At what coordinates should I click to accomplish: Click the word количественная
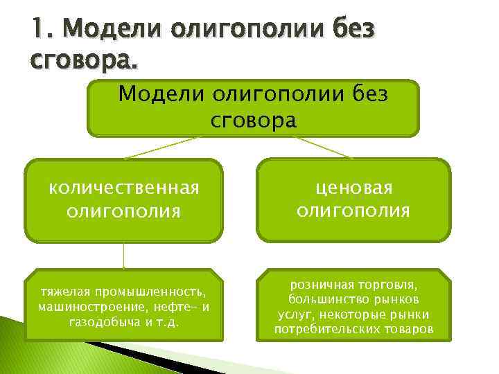pos(123,188)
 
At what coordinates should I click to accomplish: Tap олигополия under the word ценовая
pos(353,210)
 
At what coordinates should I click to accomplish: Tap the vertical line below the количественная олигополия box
pos(123,255)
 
